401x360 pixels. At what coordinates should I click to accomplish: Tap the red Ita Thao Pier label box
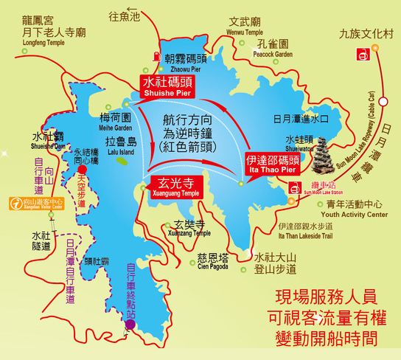point(272,163)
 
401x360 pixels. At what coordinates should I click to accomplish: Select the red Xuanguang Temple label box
point(175,184)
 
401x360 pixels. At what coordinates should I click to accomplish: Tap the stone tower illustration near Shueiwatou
point(323,154)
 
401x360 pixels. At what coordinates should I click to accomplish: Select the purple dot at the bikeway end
point(130,323)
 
